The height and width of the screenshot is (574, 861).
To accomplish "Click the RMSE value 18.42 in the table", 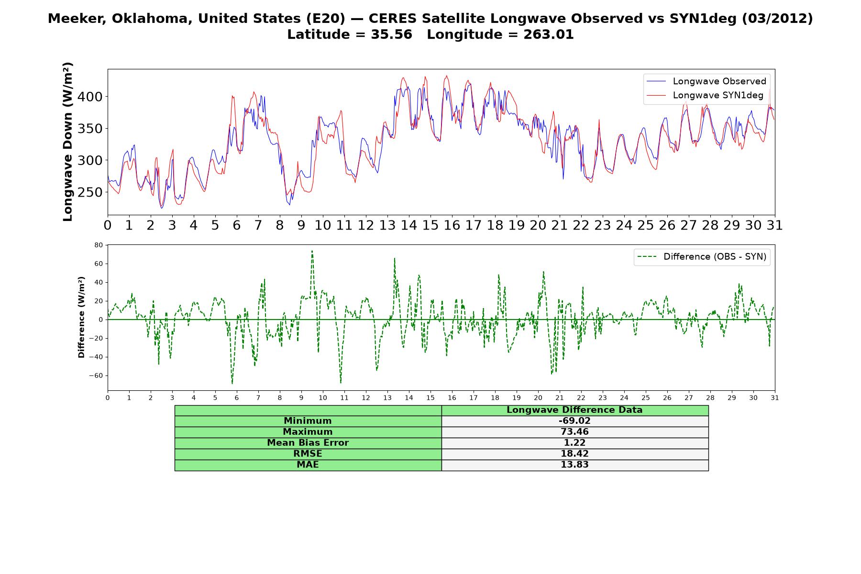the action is (574, 454).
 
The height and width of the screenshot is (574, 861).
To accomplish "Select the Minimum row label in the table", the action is (308, 421).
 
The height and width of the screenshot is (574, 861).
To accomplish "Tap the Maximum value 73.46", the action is (574, 432).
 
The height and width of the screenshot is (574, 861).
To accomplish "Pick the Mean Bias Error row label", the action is (308, 443).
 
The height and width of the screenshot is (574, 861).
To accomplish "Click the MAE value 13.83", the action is (574, 465).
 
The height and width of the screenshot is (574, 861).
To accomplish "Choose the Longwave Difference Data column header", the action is (574, 410).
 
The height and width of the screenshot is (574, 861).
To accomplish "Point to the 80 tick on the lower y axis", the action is (99, 245).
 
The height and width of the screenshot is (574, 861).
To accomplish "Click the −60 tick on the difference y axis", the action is (96, 375).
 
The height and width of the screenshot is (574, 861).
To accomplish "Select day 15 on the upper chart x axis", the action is (430, 225).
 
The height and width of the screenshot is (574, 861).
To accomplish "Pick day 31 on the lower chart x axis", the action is (775, 397).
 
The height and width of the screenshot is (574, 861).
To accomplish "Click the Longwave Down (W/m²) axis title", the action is (68, 142).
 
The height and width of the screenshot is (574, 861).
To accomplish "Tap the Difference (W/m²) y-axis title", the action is (81, 317).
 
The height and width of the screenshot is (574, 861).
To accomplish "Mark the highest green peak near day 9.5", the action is (312, 251).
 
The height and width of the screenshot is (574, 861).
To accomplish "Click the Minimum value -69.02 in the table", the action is (574, 421).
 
